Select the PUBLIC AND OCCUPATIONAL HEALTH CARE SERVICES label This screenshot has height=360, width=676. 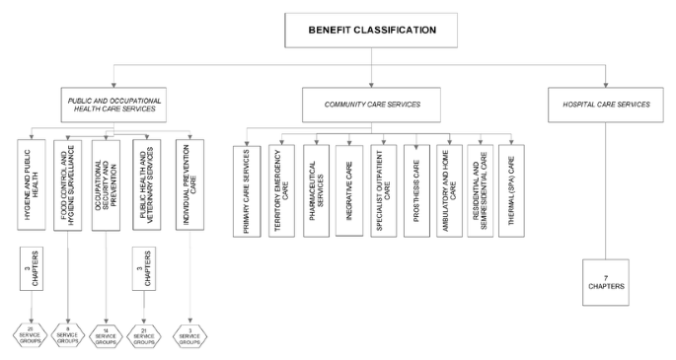pos(113,105)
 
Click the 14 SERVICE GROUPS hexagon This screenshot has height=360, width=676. pos(105,333)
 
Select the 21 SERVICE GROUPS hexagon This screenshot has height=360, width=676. pos(144,333)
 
